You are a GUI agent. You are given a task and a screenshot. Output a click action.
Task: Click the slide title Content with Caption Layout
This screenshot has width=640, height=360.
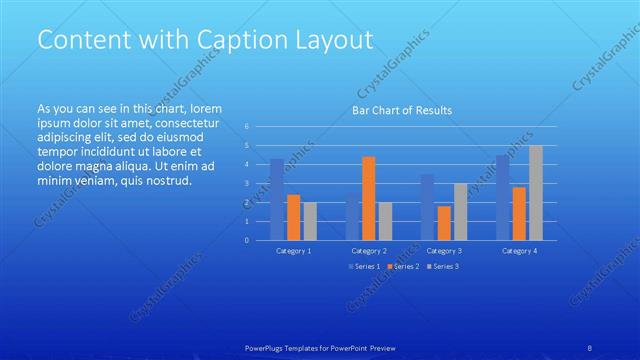point(205,40)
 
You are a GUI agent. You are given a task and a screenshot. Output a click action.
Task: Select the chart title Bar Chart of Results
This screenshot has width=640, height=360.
point(401,110)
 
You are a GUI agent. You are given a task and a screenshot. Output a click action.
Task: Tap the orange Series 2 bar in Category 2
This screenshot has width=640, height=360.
point(369,198)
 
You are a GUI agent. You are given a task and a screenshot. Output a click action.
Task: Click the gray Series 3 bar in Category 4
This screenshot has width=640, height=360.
point(535,192)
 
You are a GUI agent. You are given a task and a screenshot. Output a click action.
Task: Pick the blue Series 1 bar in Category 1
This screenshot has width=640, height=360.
point(277,199)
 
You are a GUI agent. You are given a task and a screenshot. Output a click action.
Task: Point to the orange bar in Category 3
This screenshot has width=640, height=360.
point(444,222)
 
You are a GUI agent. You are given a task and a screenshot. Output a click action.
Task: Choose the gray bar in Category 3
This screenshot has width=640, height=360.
point(460,211)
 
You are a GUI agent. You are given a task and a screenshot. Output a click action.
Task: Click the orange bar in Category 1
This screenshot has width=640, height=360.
point(293,217)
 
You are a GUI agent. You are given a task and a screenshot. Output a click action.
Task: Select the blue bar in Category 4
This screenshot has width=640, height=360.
point(502,197)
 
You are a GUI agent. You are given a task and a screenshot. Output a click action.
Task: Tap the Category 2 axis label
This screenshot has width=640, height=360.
point(369,250)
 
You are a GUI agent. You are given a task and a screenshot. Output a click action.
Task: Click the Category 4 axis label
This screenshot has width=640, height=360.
point(519,250)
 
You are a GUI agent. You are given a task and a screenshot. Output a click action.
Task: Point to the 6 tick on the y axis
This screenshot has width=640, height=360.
point(247,127)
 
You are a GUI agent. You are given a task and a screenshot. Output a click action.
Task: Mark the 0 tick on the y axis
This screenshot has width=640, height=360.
point(247,240)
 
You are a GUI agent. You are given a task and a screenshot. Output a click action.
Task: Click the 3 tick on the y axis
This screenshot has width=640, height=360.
point(247,184)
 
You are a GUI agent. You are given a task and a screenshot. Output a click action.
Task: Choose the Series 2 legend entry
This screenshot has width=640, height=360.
point(404,266)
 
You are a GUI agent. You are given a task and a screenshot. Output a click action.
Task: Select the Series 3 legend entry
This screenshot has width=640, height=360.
point(442,266)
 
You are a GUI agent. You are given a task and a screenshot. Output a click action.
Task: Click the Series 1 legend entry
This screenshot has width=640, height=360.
point(363,266)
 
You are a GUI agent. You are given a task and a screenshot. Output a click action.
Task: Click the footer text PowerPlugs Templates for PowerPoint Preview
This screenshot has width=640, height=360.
point(320,347)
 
